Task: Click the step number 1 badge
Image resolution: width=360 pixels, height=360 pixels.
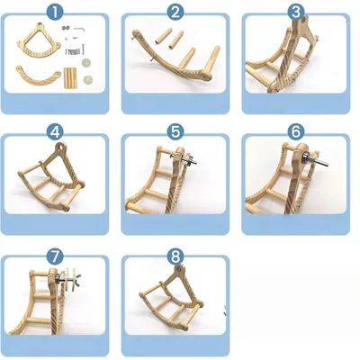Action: [x=57, y=12]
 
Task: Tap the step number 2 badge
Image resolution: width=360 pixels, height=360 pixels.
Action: [x=175, y=12]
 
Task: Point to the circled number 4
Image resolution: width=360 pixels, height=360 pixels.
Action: [x=57, y=130]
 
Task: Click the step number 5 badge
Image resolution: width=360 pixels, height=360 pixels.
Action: [x=175, y=130]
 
